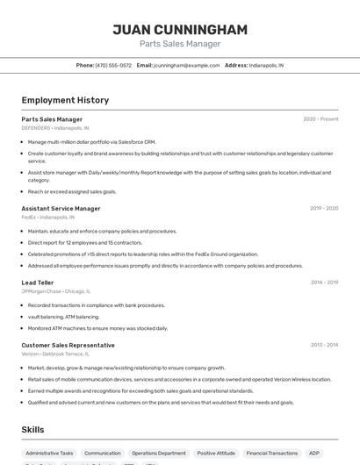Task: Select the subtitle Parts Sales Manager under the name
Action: coord(179,44)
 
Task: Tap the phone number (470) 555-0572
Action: coord(113,65)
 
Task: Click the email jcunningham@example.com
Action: coord(186,65)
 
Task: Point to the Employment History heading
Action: coord(65,100)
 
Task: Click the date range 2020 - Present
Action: coord(320,118)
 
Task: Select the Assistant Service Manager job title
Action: coord(61,208)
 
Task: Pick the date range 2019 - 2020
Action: coord(324,208)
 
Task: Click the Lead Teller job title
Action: coord(38,283)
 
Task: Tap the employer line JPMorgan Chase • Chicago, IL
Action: coord(55,290)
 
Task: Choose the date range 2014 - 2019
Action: coord(324,283)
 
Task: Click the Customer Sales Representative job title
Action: coord(68,345)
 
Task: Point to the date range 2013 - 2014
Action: coord(324,345)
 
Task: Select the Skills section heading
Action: coord(32,430)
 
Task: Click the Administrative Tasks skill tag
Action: coord(49,453)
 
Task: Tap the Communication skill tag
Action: coord(102,453)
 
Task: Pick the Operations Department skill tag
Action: coord(159,453)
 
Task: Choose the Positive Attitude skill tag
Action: coord(216,453)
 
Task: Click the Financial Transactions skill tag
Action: coord(272,453)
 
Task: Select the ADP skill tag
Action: coord(313,453)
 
